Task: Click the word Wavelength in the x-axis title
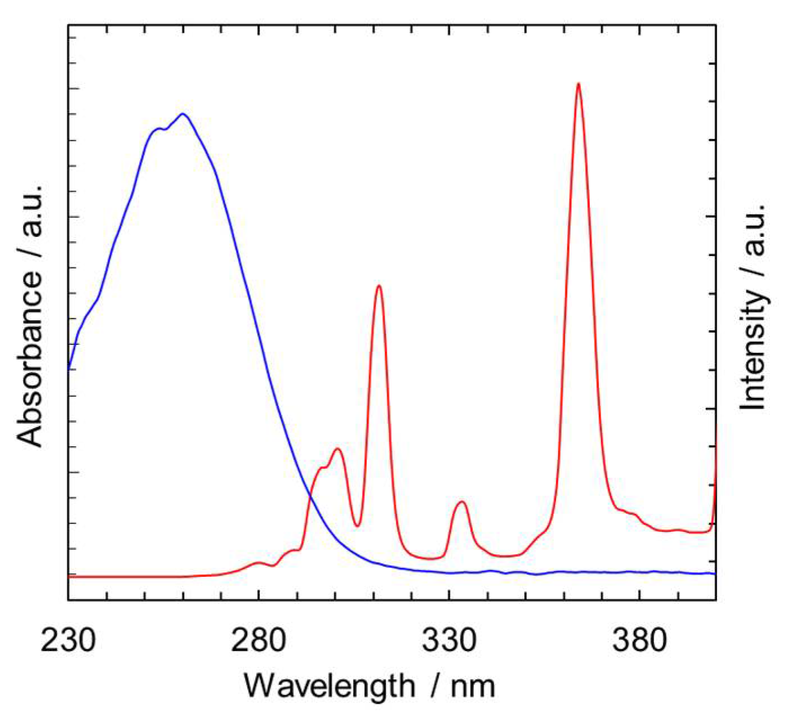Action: (x=329, y=686)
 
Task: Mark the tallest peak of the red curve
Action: (x=578, y=84)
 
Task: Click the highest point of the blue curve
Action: (x=182, y=114)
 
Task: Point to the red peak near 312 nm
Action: (x=379, y=286)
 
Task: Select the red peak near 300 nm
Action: (x=337, y=448)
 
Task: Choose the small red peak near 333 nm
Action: (x=462, y=501)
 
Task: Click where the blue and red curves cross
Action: (x=310, y=495)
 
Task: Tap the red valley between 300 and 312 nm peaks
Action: (x=357, y=526)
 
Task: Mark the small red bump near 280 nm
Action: (x=258, y=562)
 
